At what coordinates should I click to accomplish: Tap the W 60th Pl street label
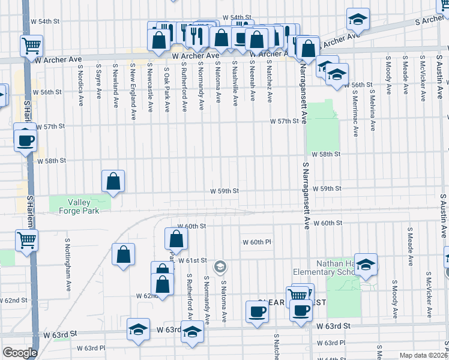point(258,242)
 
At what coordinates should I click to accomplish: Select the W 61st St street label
point(192,260)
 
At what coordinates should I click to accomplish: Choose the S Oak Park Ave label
point(167,89)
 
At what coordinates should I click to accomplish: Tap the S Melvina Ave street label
point(373,109)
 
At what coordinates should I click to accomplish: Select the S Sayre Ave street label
point(98,83)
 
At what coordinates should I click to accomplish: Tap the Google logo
point(19,353)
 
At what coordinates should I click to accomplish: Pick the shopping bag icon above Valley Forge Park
point(113,181)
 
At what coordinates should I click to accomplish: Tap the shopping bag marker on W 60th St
point(176,239)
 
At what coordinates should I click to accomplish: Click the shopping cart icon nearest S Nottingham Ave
point(27,240)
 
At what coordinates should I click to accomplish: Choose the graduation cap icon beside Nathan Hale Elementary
point(365,265)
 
